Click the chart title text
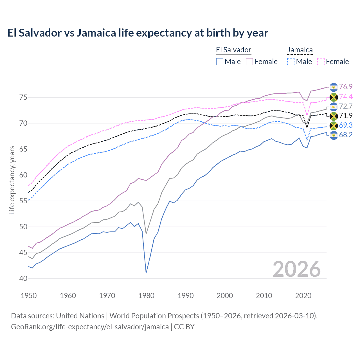[138, 33]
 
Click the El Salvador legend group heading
[233, 50]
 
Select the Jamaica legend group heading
[300, 50]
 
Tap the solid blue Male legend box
[220, 62]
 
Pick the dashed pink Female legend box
[321, 62]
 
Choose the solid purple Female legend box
[249, 62]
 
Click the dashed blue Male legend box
[291, 62]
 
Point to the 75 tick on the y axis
[23, 98]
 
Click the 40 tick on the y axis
[23, 278]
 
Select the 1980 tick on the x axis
[146, 296]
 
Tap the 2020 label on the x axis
[303, 296]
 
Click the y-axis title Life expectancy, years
[12, 180]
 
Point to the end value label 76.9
[346, 87]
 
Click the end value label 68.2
[346, 135]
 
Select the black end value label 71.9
[346, 116]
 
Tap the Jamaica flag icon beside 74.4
[334, 97]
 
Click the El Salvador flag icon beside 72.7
[334, 107]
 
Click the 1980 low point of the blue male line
[146, 273]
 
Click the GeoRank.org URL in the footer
[90, 327]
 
